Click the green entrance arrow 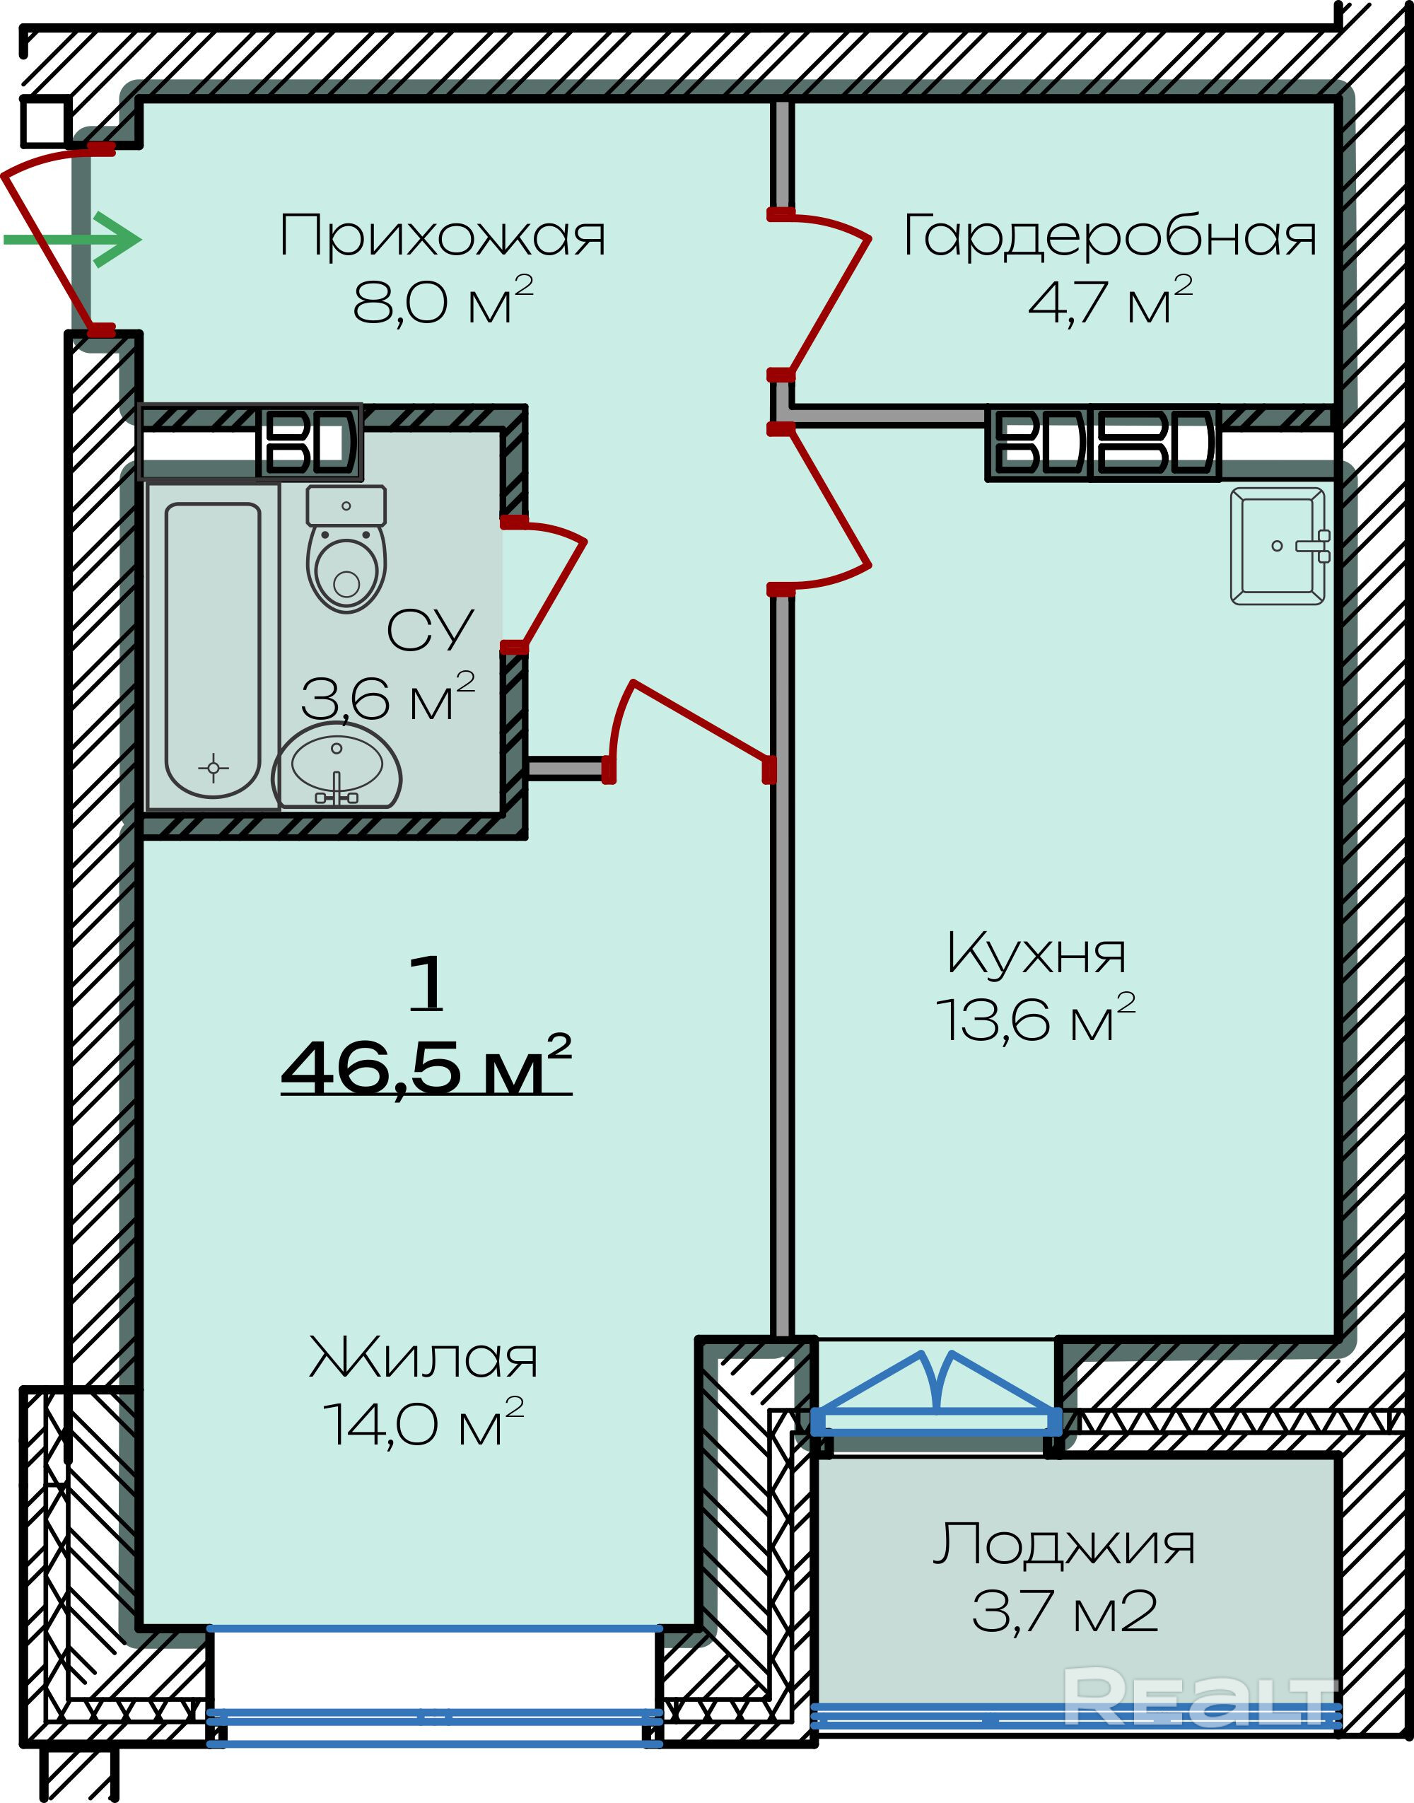[x=73, y=240]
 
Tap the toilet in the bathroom [x=346, y=549]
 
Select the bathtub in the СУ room [x=213, y=650]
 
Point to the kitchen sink [x=1280, y=547]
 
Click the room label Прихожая [x=443, y=237]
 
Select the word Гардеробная [x=1109, y=236]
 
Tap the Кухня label [x=1036, y=955]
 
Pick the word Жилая [x=423, y=1358]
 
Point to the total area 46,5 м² [x=426, y=1066]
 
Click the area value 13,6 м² [x=1036, y=1019]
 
